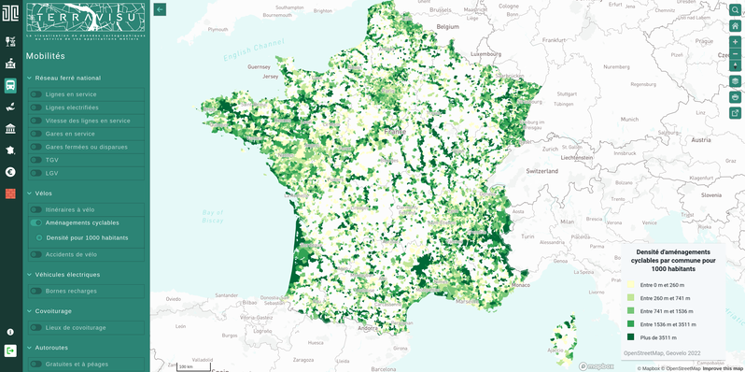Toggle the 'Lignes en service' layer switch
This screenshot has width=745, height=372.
[x=36, y=94]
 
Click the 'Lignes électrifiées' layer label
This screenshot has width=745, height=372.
[x=72, y=107]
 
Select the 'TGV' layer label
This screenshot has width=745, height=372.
[x=51, y=160]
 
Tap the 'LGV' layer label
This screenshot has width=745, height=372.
[x=51, y=173]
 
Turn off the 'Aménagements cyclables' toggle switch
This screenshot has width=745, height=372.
[x=36, y=222]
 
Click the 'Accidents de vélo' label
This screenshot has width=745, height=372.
[x=71, y=254]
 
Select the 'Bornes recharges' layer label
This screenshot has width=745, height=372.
[x=71, y=291]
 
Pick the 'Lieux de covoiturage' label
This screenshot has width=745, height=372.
[x=76, y=327]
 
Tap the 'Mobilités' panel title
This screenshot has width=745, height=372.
[x=46, y=56]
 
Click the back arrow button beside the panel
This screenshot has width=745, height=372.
[x=160, y=9]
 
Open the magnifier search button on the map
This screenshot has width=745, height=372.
[x=735, y=10]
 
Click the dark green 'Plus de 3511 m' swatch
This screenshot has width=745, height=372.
[x=631, y=337]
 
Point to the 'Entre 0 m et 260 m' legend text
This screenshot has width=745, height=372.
[x=662, y=285]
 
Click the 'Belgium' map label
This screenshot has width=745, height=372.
[x=449, y=27]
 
